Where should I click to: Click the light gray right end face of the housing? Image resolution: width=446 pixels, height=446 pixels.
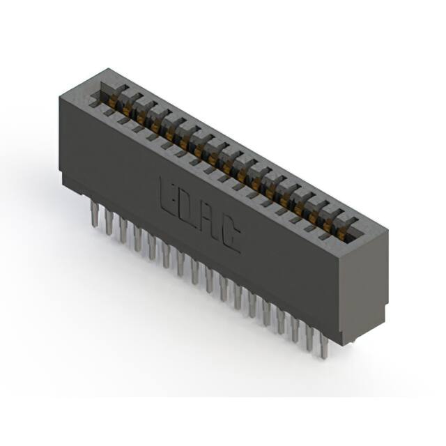(x=367, y=279)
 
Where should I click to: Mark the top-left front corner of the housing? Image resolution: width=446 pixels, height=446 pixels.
(x=61, y=97)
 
